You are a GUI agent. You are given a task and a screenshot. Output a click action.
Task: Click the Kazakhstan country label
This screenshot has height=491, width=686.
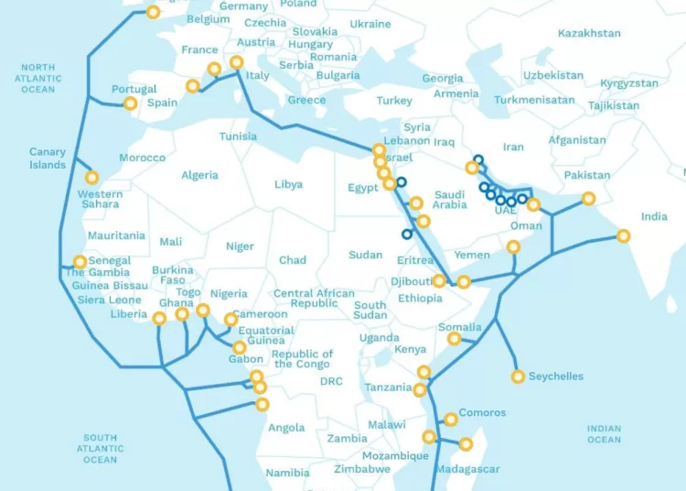(589, 33)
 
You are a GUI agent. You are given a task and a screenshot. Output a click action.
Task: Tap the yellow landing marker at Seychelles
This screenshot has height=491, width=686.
(519, 376)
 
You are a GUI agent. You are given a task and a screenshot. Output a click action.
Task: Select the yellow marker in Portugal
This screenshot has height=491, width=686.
(130, 104)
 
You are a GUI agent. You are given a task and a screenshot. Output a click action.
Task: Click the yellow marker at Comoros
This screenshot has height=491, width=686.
(450, 420)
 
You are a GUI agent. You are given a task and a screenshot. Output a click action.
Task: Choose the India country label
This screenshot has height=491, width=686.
(654, 217)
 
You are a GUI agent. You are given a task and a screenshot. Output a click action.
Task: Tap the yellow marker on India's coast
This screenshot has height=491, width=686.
(624, 236)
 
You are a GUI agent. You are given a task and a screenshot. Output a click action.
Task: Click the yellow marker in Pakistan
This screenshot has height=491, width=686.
(588, 198)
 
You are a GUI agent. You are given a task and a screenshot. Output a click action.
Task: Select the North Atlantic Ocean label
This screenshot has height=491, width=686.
(38, 78)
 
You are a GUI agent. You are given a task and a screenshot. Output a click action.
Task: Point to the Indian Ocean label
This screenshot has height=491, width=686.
(604, 434)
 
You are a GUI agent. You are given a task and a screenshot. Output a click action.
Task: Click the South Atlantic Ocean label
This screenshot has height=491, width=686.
(100, 449)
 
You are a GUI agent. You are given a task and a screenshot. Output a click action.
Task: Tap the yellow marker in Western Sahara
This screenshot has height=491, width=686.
(91, 178)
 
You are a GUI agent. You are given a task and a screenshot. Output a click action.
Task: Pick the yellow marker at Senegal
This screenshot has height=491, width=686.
(80, 262)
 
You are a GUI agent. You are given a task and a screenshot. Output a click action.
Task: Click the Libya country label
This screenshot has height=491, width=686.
(288, 184)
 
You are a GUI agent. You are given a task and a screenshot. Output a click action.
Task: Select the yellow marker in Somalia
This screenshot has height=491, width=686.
(454, 339)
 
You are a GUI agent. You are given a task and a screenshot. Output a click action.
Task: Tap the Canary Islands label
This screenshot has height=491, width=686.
(48, 158)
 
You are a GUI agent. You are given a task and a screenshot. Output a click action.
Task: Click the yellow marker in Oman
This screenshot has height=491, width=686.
(513, 246)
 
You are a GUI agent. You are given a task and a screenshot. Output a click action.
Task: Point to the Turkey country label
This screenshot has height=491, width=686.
(394, 101)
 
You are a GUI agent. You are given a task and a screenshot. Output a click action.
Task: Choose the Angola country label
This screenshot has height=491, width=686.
(286, 428)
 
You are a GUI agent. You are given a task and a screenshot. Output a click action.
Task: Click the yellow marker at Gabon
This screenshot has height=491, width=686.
(239, 347)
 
